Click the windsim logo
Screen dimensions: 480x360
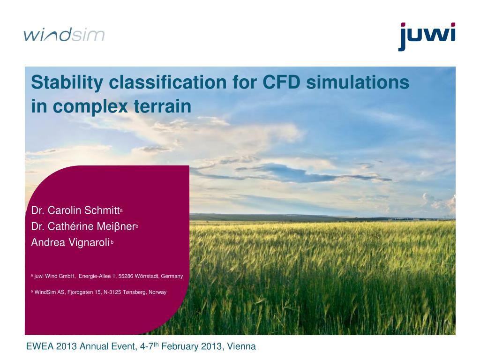coord(64,34)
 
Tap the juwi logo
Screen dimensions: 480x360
coord(427,36)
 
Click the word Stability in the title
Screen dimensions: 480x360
coord(67,82)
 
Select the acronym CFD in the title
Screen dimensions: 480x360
coord(281,82)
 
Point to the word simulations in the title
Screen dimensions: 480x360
coord(358,82)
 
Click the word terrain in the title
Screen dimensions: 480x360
coord(162,106)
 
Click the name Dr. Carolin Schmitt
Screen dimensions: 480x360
coord(75,210)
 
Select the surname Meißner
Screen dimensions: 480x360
coord(116,226)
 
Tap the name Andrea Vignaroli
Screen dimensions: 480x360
coord(70,242)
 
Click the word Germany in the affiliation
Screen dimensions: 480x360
coord(172,277)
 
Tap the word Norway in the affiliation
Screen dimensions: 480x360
coord(157,292)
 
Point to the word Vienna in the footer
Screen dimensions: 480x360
coord(241,346)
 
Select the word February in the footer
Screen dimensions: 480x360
coord(180,346)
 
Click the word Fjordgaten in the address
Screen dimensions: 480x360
coord(80,292)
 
